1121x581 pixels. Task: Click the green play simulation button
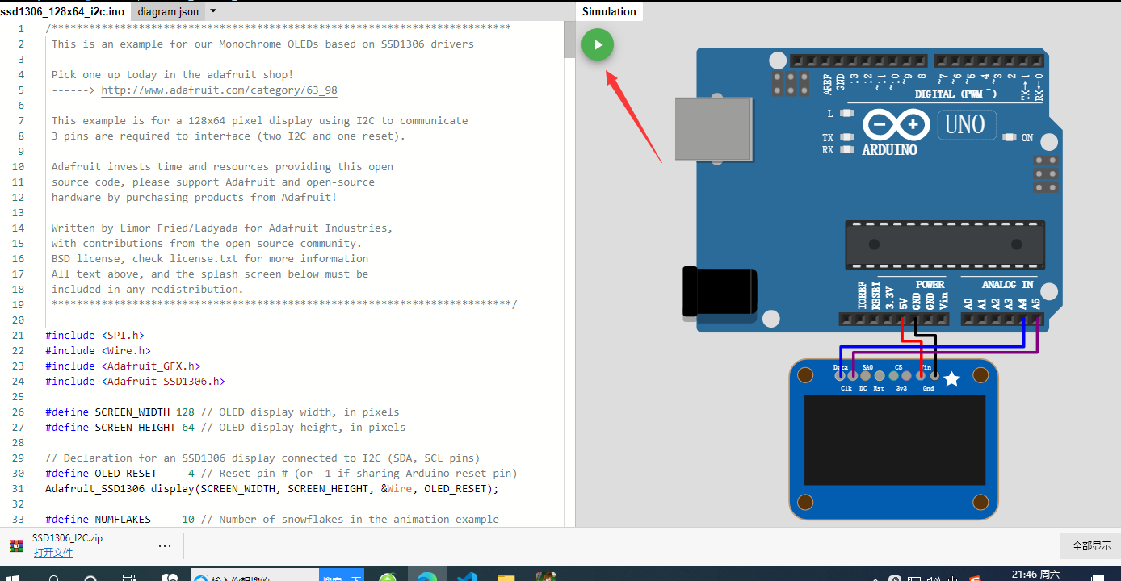point(598,44)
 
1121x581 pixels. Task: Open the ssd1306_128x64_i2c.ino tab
point(62,11)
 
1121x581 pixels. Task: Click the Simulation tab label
point(609,11)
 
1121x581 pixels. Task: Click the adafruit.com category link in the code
point(219,90)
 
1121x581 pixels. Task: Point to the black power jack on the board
point(719,290)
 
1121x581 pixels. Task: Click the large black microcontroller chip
point(945,245)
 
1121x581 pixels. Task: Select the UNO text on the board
point(965,125)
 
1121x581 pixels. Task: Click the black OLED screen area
point(894,440)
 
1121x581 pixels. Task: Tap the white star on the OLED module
point(952,378)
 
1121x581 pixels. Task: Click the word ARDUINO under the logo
point(889,150)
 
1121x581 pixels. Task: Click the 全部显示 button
point(1091,546)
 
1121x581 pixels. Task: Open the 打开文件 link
point(53,553)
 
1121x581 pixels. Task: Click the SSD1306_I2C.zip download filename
point(67,538)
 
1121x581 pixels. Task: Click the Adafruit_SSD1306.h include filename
point(166,381)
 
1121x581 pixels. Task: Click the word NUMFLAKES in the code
point(123,519)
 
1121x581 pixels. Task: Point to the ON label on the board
point(1027,138)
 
